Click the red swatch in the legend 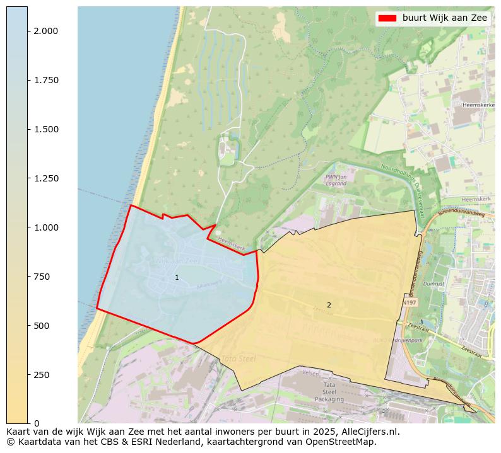pos(386,18)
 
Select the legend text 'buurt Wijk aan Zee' pos(445,18)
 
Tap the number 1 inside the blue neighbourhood pos(177,277)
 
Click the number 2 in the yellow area pos(329,305)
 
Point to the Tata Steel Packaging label pos(329,392)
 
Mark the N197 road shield pos(409,303)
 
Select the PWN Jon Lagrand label pos(336,180)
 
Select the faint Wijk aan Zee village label pos(177,260)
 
